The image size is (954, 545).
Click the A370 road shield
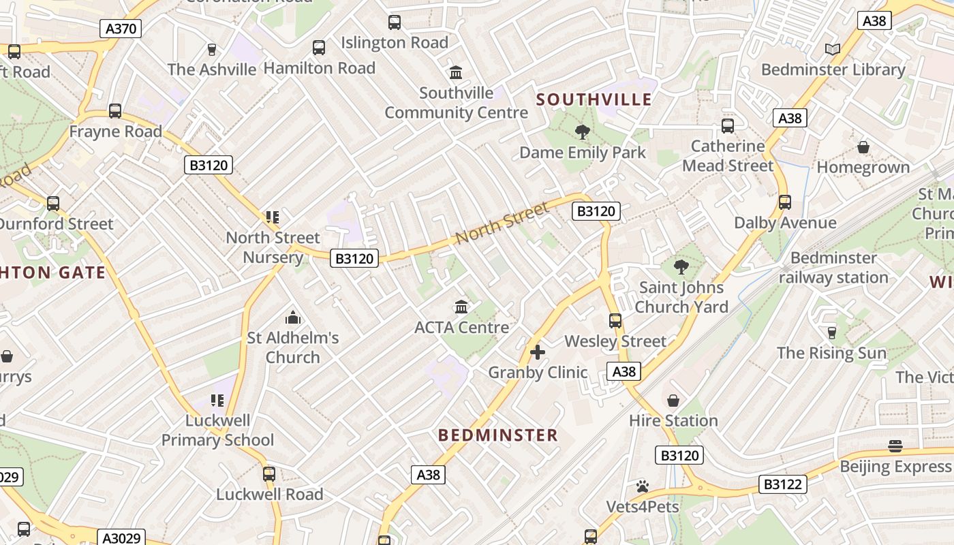click(x=121, y=29)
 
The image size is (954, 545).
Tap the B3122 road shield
click(x=783, y=484)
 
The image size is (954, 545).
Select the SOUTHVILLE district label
click(x=594, y=99)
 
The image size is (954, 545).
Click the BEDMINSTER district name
click(x=497, y=435)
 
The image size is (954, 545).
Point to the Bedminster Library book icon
click(x=832, y=49)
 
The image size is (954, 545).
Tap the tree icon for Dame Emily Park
click(x=582, y=131)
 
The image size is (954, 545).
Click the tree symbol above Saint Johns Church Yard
click(x=680, y=266)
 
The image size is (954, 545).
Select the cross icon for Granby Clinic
click(x=538, y=352)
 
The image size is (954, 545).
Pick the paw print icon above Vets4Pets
click(x=643, y=486)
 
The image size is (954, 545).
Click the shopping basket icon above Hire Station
click(x=673, y=400)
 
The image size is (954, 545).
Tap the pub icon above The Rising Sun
click(x=831, y=332)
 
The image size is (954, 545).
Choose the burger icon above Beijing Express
click(x=895, y=446)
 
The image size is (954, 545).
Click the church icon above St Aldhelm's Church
click(x=293, y=317)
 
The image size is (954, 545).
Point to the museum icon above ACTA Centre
click(x=461, y=307)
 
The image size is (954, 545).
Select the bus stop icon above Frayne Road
click(x=115, y=111)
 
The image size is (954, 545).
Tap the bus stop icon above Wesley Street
click(x=615, y=320)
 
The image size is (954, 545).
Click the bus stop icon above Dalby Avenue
click(x=784, y=202)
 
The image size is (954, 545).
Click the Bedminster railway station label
click(x=833, y=268)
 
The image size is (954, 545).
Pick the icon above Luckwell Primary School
click(x=217, y=400)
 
